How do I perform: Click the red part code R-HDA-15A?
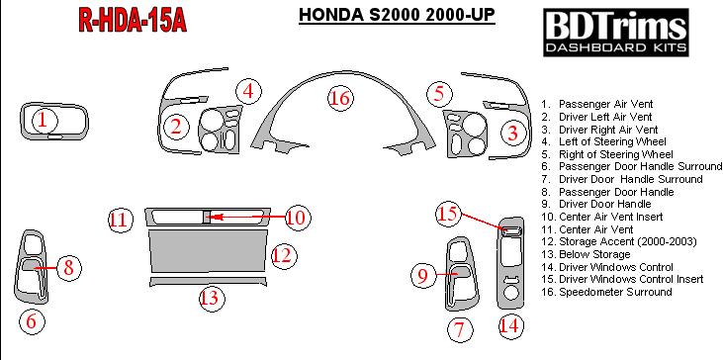click(133, 21)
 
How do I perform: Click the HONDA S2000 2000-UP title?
click(397, 15)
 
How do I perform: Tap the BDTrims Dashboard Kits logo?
click(616, 33)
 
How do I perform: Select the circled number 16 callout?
click(341, 99)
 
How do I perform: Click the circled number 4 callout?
click(249, 91)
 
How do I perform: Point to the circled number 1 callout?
click(45, 121)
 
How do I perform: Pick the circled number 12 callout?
click(283, 256)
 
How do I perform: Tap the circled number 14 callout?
click(510, 326)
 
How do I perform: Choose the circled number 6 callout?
click(32, 320)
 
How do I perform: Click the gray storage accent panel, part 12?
click(208, 251)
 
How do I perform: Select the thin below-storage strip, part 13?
click(208, 282)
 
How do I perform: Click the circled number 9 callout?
click(424, 275)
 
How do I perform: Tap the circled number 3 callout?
click(513, 134)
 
